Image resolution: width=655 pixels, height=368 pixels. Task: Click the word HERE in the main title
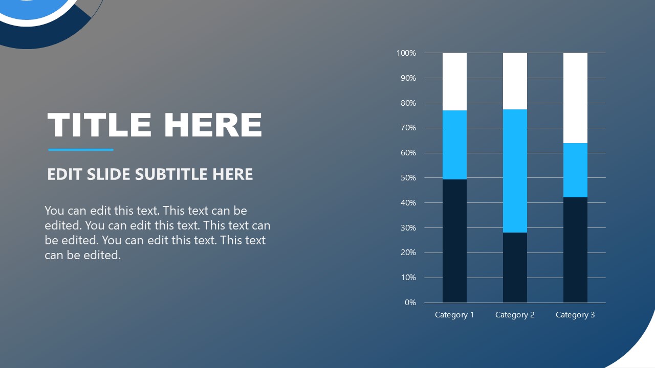coord(213,125)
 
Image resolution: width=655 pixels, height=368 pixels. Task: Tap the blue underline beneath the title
coord(81,150)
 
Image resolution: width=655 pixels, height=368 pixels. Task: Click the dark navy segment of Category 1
coord(454,241)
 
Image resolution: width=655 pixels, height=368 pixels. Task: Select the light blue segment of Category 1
coord(454,145)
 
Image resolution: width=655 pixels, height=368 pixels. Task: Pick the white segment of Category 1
coord(454,82)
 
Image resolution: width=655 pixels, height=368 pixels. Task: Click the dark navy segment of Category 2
coord(515,267)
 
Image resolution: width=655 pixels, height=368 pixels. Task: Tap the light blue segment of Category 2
coord(515,171)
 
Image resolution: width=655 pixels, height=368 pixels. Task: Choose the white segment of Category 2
coord(515,81)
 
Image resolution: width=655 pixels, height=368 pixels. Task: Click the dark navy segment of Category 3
coord(575,249)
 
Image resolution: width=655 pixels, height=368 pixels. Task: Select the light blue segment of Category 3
coord(575,170)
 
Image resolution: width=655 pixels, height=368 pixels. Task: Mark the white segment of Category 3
coord(575,98)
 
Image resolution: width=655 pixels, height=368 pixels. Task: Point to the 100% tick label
coord(406,53)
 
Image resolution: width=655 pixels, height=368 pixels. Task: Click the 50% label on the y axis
coord(408,178)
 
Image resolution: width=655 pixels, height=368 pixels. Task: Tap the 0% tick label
coord(410,303)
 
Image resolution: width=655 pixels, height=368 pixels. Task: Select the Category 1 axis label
coord(454,315)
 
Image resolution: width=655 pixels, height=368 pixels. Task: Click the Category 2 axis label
coord(515,315)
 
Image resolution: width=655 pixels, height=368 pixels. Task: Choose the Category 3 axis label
coord(575,315)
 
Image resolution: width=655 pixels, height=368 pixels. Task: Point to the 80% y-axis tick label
coord(408,103)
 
